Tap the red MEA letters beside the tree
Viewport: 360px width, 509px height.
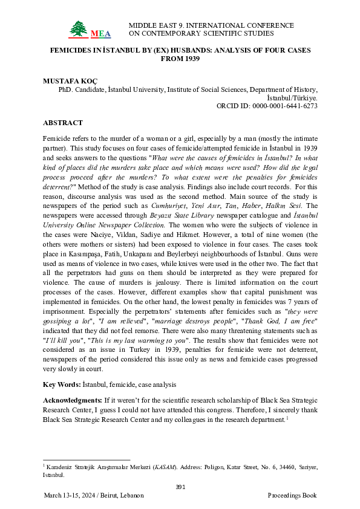97,33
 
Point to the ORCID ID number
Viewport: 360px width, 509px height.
283,105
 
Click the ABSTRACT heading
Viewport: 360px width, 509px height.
63,123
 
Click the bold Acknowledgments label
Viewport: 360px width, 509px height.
75,401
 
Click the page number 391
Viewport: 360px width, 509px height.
180,487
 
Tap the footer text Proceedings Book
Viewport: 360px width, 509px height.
292,496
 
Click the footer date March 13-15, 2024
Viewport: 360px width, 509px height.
70,496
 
